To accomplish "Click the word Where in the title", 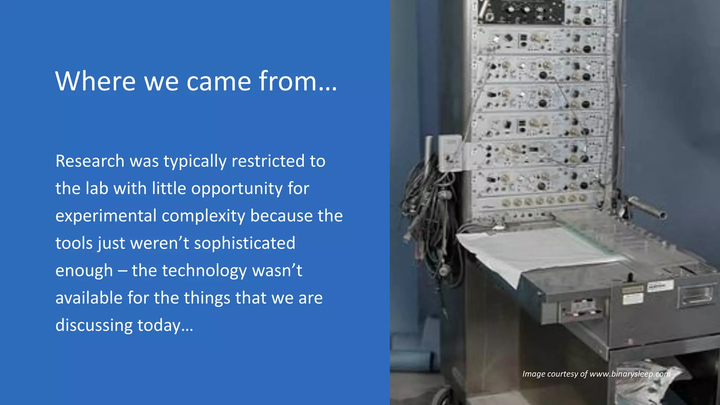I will (x=95, y=81).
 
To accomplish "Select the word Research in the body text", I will (x=90, y=161).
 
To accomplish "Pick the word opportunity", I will (x=237, y=189).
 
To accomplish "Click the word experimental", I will (x=106, y=216).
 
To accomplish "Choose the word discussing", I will (x=94, y=326).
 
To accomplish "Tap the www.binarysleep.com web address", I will (x=630, y=374).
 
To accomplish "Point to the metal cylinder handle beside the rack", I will (x=647, y=207).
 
